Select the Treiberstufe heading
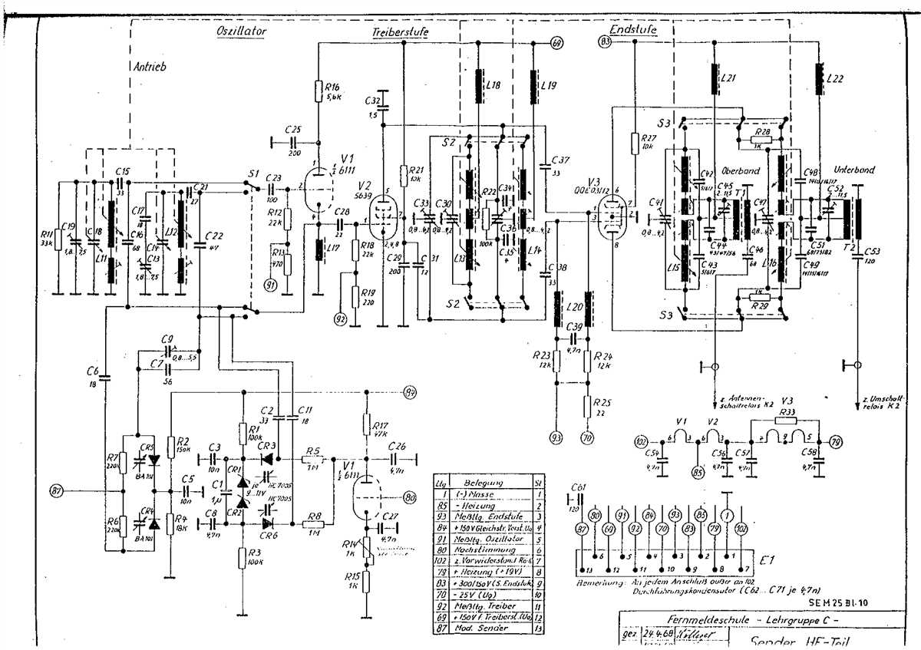[x=400, y=33]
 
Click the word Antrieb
[x=149, y=67]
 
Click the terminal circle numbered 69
[x=557, y=43]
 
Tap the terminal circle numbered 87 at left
[x=55, y=490]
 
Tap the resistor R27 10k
[x=635, y=143]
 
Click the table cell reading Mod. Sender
[x=482, y=628]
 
